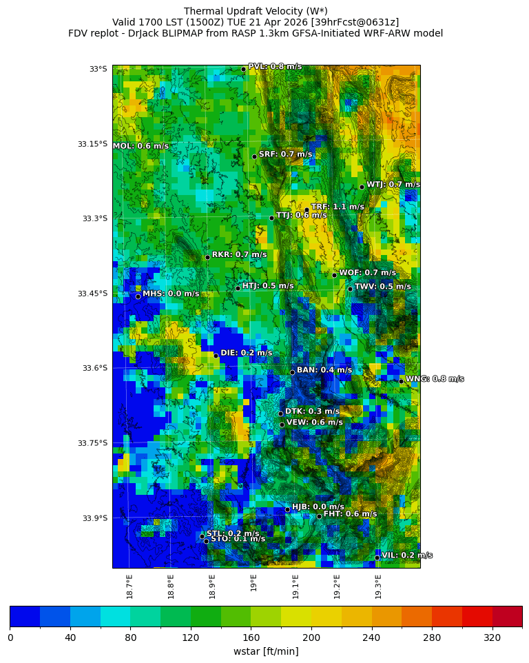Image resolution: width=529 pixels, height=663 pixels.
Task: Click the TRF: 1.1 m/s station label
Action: click(x=338, y=207)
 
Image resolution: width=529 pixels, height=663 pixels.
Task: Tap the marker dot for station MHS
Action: click(x=138, y=296)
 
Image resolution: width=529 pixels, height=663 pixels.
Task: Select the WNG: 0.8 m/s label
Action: click(x=434, y=379)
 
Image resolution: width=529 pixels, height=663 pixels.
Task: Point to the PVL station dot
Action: click(x=243, y=69)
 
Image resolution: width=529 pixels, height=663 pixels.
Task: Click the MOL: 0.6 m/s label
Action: click(x=141, y=146)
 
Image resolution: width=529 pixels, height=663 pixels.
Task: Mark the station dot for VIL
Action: click(x=377, y=558)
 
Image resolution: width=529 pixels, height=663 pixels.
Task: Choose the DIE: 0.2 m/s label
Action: click(x=246, y=353)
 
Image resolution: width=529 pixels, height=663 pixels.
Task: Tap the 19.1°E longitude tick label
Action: click(x=295, y=586)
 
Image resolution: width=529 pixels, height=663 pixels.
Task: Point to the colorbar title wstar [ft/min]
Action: click(x=266, y=651)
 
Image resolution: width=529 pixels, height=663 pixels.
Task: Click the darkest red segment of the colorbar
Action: click(x=507, y=616)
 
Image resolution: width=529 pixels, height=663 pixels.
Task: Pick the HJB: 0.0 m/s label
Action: click(x=318, y=507)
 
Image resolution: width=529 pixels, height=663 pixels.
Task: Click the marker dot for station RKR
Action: click(x=207, y=257)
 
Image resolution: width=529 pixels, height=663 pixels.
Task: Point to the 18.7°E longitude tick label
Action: click(x=129, y=586)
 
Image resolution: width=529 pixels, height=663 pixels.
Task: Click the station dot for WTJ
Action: click(x=362, y=187)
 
